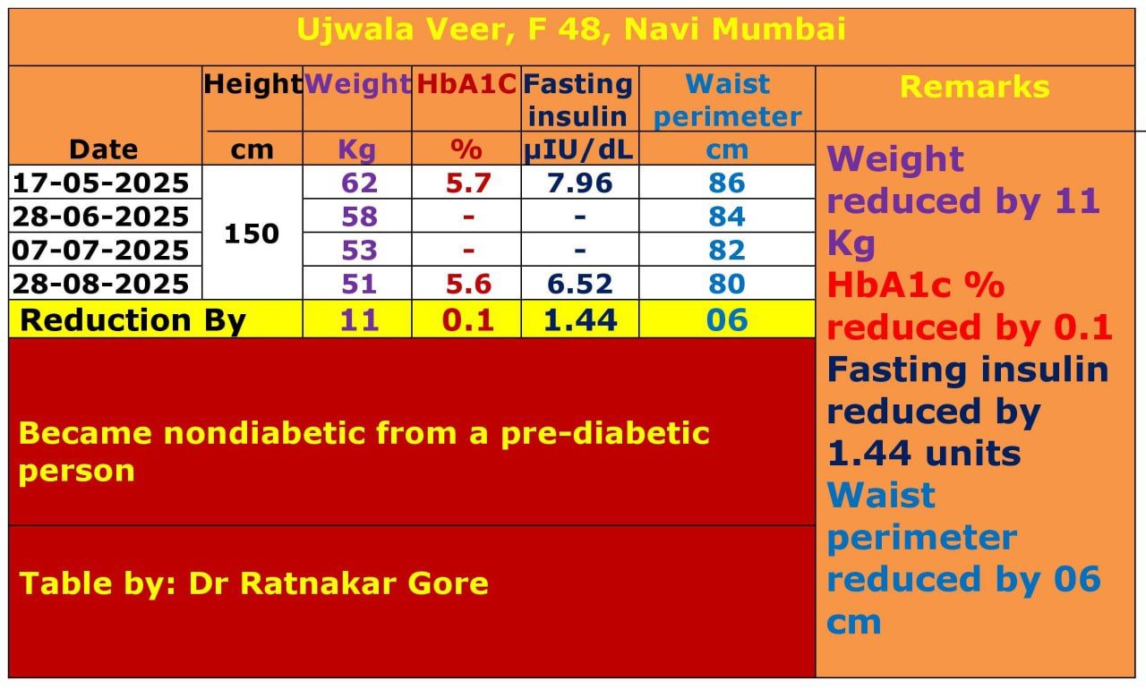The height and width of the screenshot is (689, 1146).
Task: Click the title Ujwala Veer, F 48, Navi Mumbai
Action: coord(571,30)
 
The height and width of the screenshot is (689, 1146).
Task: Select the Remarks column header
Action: coord(974,87)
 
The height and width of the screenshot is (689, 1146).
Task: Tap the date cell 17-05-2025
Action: coord(100,183)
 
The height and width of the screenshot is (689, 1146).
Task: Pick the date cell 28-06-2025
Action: coord(100,217)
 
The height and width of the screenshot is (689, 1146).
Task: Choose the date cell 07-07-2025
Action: coord(100,250)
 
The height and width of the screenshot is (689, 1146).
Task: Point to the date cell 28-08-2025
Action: coord(100,284)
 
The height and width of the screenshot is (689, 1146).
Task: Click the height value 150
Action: coord(252,234)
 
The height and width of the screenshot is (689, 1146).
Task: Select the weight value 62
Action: coord(360,183)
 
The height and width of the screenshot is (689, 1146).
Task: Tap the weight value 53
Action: coord(360,250)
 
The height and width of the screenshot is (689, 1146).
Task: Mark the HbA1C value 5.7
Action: coord(469,183)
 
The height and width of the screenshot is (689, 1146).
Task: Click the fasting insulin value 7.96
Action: coord(579,183)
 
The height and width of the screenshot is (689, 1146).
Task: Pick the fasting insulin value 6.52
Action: coord(579,284)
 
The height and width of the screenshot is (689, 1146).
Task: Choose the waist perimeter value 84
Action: coord(726,217)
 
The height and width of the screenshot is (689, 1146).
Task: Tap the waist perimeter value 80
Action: coord(726,284)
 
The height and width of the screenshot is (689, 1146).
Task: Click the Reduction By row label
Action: coord(133,319)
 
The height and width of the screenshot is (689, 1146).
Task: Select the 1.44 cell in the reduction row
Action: coord(579,319)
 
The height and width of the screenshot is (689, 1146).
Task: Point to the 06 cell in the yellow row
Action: coord(726,319)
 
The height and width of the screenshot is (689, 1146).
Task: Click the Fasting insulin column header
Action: coord(578,99)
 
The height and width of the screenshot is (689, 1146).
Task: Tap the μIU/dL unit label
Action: coord(578,149)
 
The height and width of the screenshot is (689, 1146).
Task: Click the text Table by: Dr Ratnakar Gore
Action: coord(253,583)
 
